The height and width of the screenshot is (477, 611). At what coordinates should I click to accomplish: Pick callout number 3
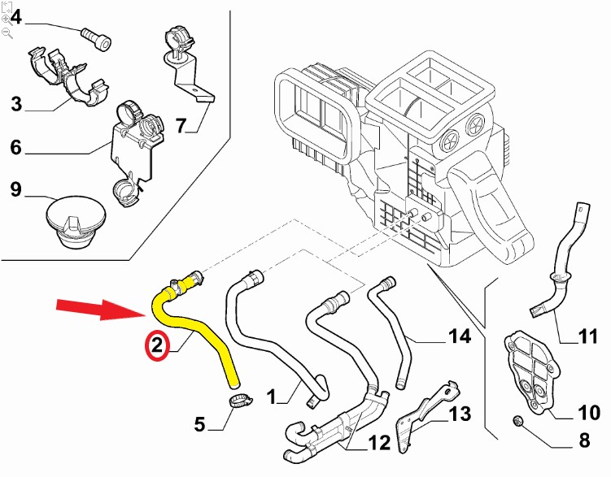pyautogui.click(x=16, y=104)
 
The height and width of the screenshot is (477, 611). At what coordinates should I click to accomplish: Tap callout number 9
pyautogui.click(x=16, y=190)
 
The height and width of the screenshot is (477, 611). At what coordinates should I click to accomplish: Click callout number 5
pyautogui.click(x=200, y=423)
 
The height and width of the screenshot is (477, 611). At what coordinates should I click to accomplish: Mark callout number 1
pyautogui.click(x=273, y=397)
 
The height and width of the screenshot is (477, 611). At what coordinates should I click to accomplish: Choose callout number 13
pyautogui.click(x=460, y=414)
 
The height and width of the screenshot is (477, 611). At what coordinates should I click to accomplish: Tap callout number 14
pyautogui.click(x=460, y=336)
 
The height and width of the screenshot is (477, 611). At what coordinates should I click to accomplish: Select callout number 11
pyautogui.click(x=587, y=336)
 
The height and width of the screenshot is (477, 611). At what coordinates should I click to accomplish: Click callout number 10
pyautogui.click(x=587, y=414)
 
